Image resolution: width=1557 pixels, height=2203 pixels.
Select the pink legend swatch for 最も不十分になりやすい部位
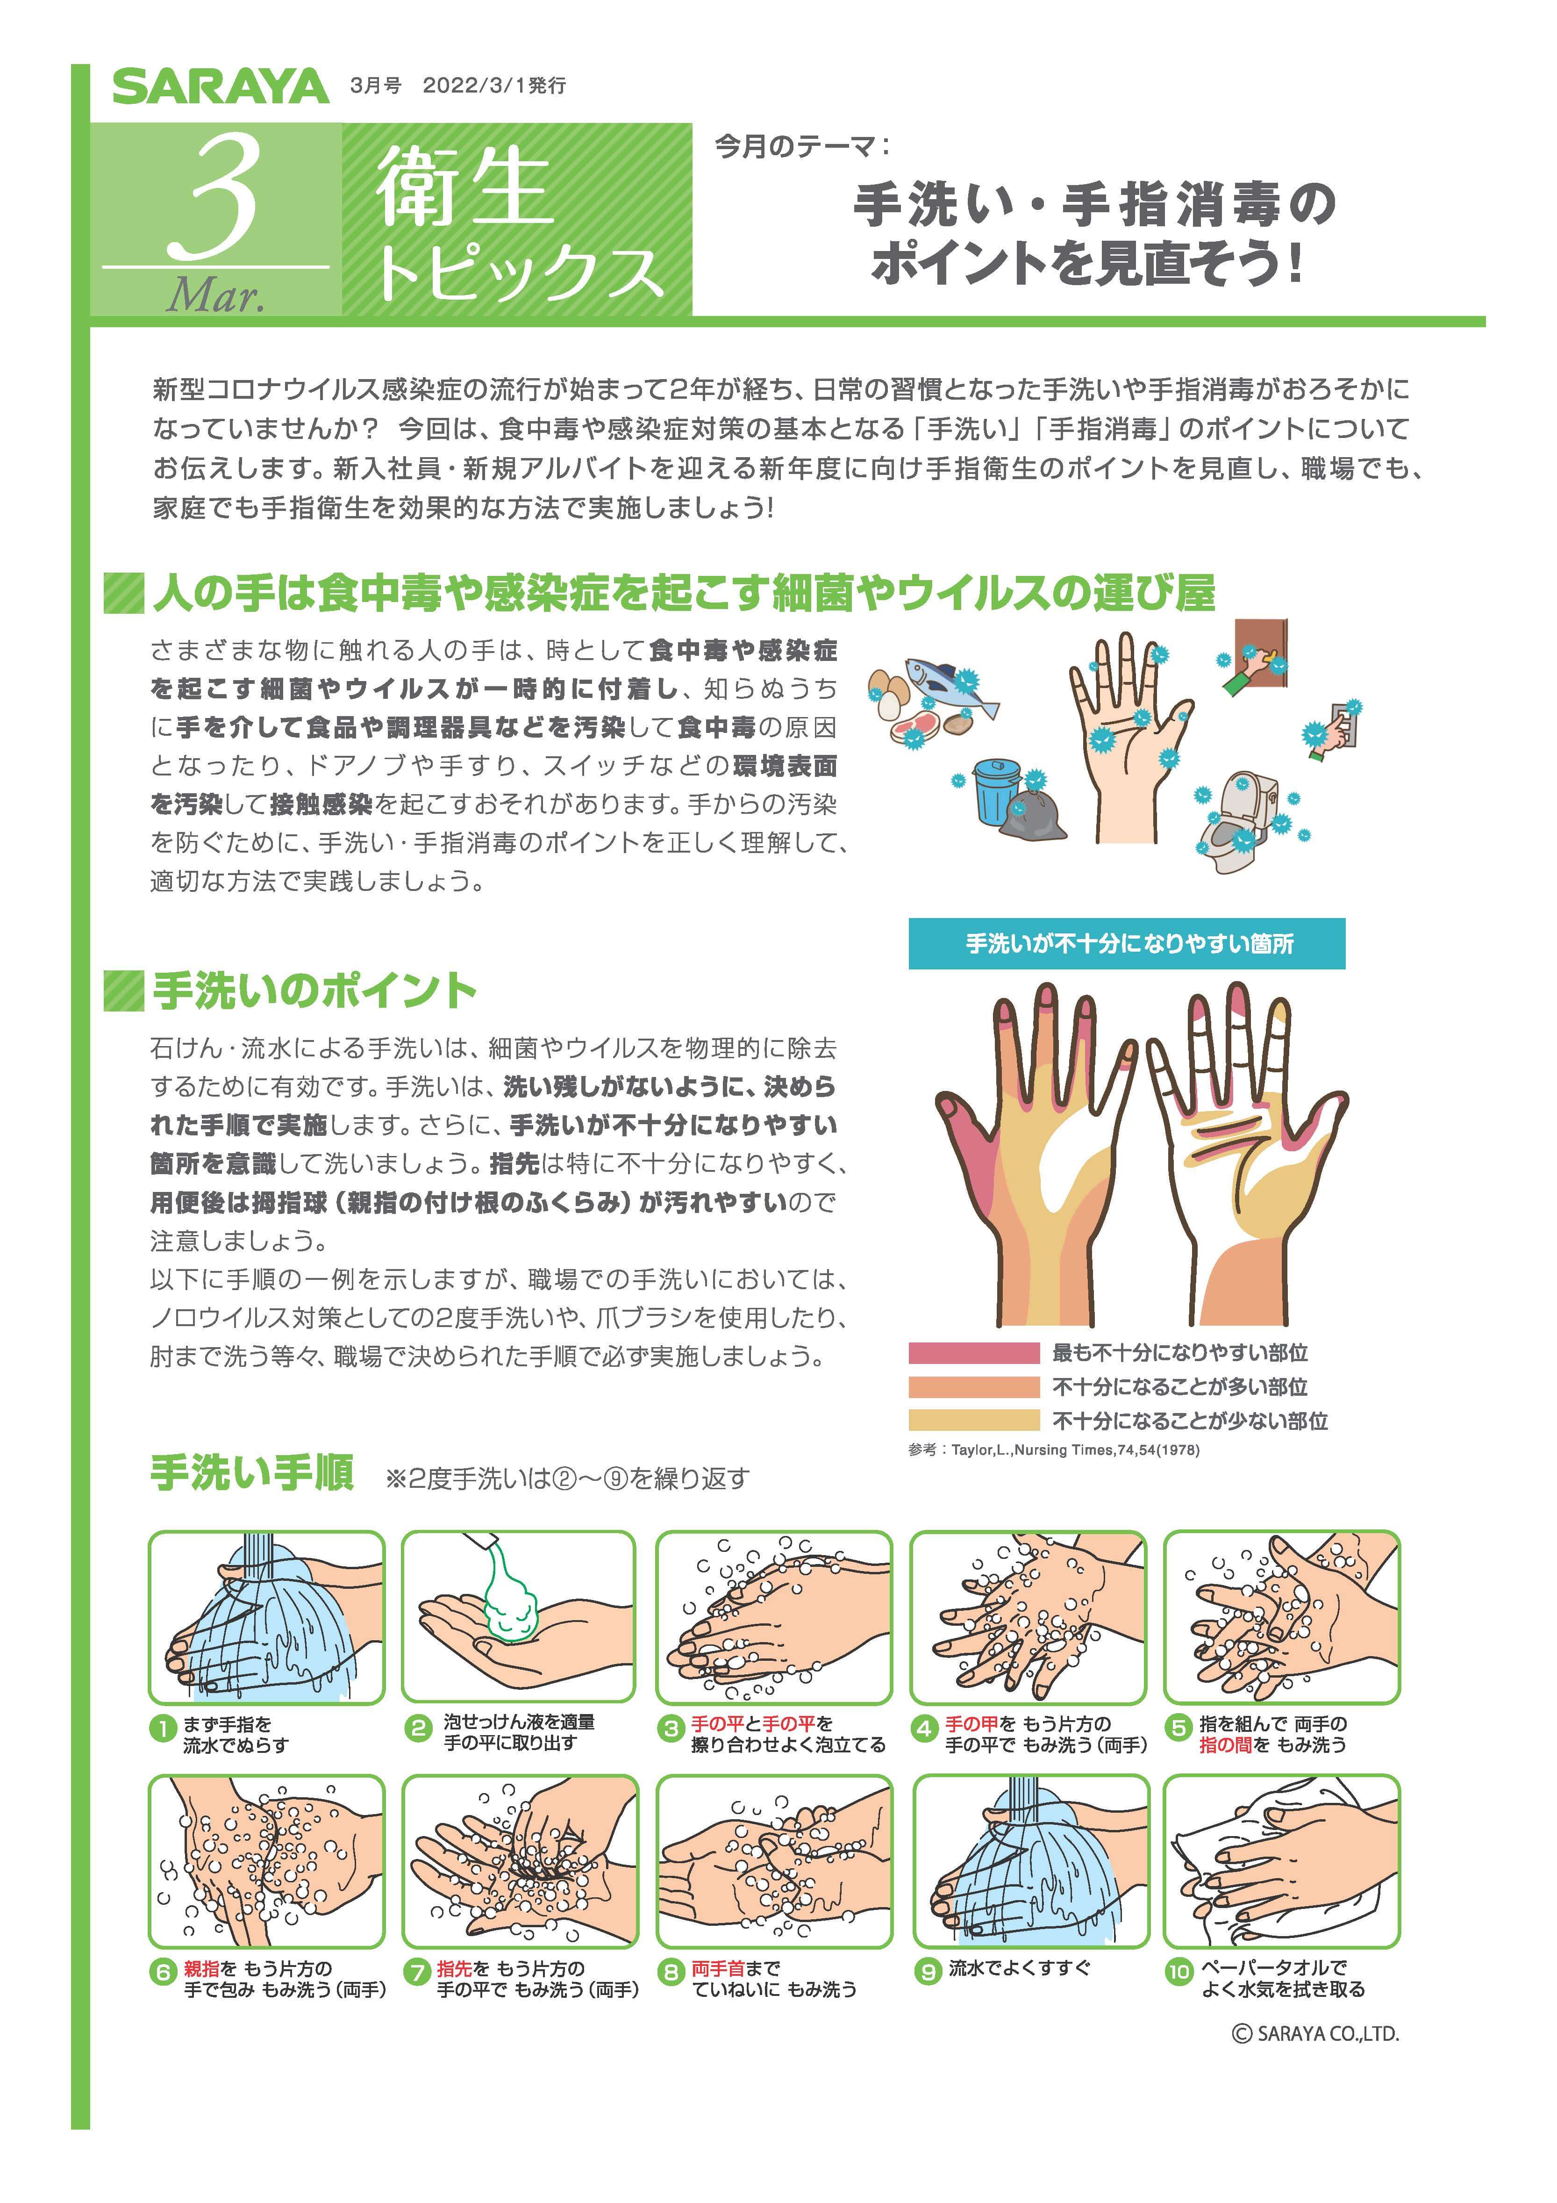[974, 1353]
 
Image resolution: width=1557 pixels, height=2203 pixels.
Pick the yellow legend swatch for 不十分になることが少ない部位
[974, 1420]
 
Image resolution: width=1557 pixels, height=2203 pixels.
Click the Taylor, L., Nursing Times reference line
[1053, 1450]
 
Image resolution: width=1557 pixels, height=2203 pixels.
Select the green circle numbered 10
[1178, 1971]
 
